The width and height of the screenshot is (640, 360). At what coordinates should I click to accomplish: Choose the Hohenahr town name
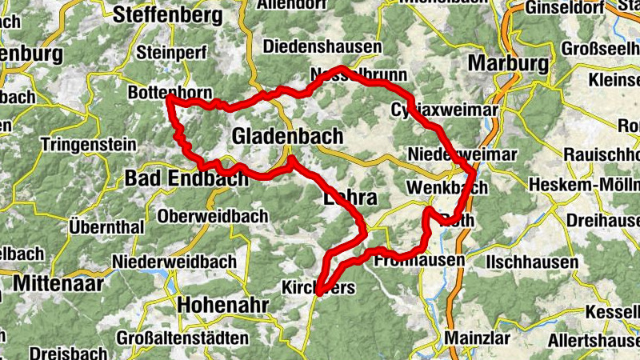tap(220, 304)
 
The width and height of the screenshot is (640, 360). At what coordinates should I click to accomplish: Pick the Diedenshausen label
tap(322, 46)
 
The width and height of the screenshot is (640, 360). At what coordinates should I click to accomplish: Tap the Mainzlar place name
tap(478, 337)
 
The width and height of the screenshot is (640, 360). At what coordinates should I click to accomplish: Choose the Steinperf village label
tap(172, 53)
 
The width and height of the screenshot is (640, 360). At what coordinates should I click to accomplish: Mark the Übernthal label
tap(106, 226)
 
